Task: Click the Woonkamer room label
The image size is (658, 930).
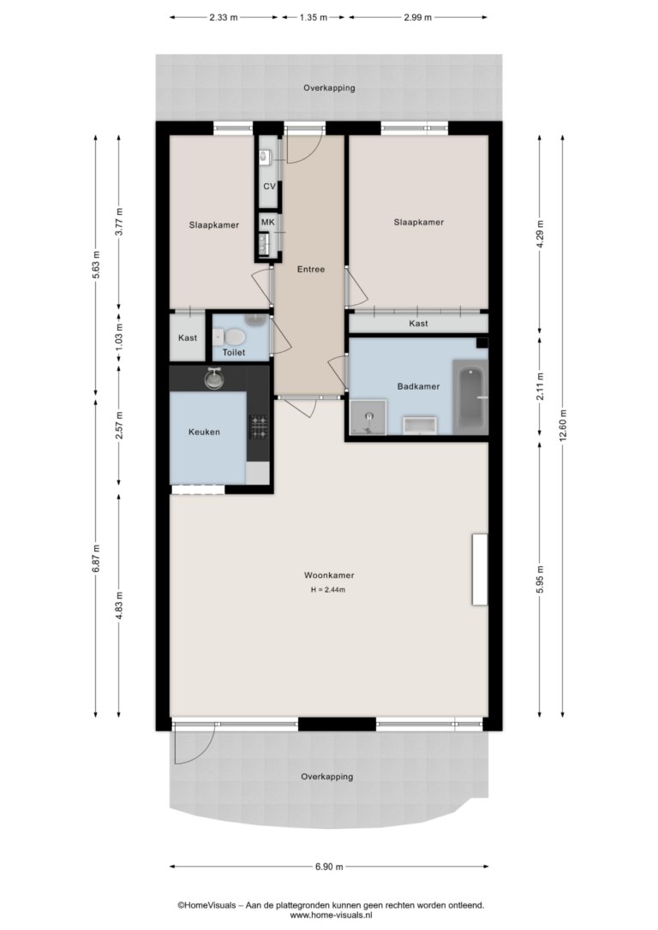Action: [x=329, y=575]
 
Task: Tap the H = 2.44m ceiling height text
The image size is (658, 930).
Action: [x=328, y=589]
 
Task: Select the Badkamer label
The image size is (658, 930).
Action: [x=418, y=386]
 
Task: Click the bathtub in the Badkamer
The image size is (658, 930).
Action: [x=470, y=396]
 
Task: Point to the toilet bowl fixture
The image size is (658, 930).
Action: [x=231, y=337]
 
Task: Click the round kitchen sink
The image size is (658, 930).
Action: [x=214, y=378]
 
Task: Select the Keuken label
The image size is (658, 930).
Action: [x=204, y=432]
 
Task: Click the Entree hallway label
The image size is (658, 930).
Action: [x=311, y=269]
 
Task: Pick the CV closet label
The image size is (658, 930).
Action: [x=269, y=186]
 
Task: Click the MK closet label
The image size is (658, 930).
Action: [x=268, y=222]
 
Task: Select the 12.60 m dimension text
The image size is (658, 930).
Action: [x=563, y=425]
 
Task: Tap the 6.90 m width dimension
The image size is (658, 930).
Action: [x=329, y=867]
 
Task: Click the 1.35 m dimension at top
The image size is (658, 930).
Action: [x=314, y=17]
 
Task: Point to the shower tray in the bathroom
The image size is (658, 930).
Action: [x=368, y=417]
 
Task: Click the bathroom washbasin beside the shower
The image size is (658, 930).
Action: [x=420, y=426]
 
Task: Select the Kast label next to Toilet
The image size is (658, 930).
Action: [x=188, y=337]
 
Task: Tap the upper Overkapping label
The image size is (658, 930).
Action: [x=329, y=88]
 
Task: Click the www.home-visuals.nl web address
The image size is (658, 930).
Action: [x=331, y=915]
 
